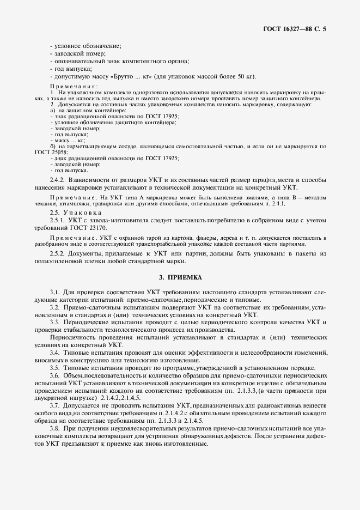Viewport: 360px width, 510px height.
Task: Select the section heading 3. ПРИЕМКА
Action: point(180,277)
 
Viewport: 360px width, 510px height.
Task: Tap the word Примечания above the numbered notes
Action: point(74,87)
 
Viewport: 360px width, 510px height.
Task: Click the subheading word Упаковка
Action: point(80,211)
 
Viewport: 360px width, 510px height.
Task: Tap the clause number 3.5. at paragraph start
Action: point(55,368)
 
